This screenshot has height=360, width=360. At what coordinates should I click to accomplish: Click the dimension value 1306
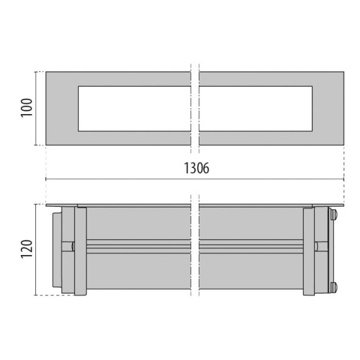196,169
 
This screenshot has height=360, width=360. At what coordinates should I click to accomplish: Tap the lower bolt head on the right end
333,286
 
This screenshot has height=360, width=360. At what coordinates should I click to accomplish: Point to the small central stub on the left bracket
71,247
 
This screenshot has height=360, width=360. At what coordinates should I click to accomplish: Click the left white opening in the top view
134,108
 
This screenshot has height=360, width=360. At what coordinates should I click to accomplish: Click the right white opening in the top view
256,108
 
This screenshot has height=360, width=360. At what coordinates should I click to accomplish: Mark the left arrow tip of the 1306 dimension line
46,179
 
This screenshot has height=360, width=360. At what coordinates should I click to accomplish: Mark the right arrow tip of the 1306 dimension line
344,179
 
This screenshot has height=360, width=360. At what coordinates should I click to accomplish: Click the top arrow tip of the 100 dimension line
38,72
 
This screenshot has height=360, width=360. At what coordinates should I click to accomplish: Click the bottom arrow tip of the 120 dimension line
38,295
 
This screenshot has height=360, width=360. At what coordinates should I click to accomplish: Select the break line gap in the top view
195,108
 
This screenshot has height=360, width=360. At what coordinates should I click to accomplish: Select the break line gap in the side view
195,250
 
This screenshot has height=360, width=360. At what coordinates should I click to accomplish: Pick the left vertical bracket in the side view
80,251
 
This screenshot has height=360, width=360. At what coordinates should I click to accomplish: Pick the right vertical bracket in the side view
309,251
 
